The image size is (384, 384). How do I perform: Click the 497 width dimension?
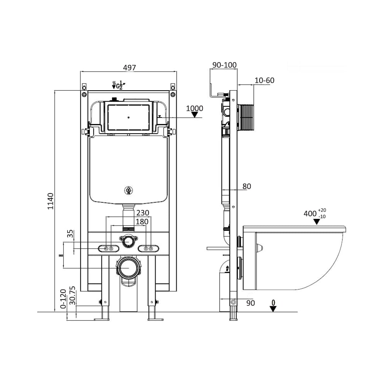(x=129, y=68)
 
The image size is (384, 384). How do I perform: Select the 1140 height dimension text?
(x=50, y=201)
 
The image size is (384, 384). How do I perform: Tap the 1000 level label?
(x=195, y=108)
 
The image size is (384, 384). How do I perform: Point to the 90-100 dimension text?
(x=225, y=65)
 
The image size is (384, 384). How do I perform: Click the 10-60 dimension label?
(x=265, y=80)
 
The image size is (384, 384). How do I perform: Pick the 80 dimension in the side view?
(x=247, y=186)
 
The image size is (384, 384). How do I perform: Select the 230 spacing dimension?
(x=143, y=213)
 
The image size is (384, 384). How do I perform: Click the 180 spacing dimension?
(x=142, y=222)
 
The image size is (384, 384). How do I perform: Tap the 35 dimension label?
(x=70, y=233)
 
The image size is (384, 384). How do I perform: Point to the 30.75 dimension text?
(x=73, y=296)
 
